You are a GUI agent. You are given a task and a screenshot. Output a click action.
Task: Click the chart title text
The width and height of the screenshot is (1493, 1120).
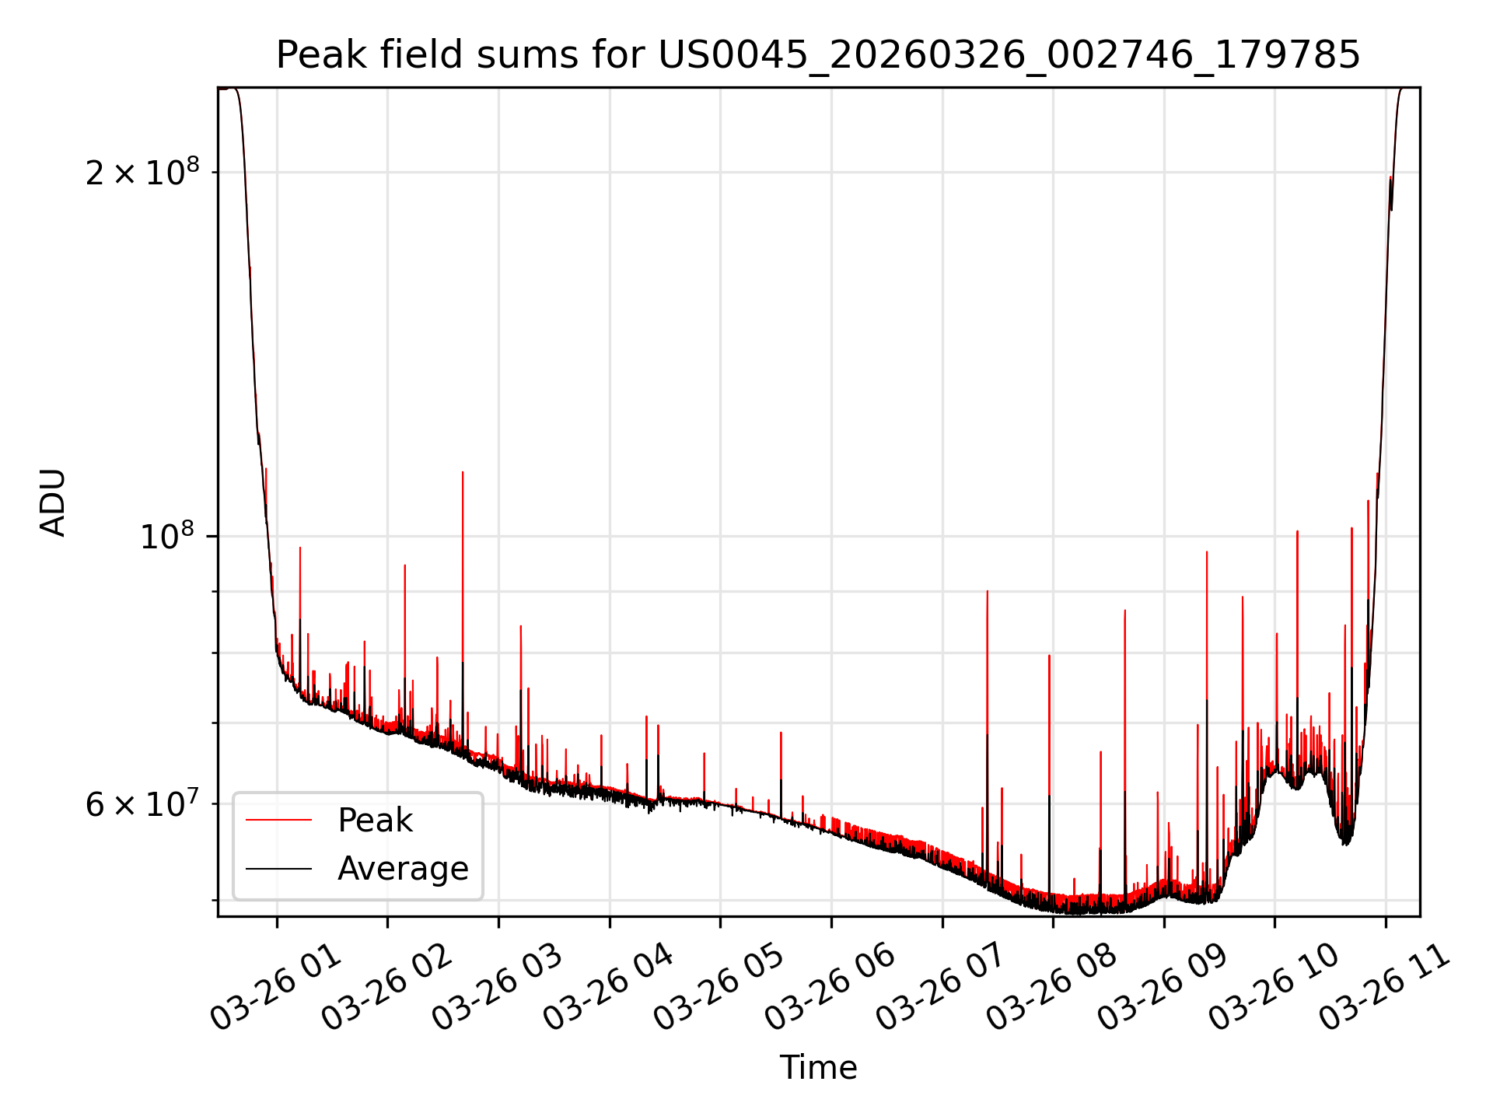click(818, 55)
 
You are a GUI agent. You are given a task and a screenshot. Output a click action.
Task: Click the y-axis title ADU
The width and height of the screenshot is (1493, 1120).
click(54, 502)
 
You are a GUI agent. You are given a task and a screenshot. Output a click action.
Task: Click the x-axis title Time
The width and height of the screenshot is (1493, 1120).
click(818, 1068)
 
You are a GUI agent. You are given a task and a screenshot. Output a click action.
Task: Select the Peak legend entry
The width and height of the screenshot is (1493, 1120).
click(375, 821)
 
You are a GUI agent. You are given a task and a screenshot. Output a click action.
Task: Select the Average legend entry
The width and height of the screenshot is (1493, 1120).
click(403, 869)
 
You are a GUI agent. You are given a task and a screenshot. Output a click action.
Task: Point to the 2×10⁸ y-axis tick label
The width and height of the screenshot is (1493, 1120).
click(142, 172)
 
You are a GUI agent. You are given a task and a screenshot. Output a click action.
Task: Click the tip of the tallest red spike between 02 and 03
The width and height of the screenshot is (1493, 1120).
click(463, 473)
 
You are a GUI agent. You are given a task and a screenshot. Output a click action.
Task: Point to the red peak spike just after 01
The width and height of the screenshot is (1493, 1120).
click(299, 548)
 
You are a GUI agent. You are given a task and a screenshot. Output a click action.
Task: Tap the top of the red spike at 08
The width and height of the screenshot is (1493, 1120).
click(1049, 656)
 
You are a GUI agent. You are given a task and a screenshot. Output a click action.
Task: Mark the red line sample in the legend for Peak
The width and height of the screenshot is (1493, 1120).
click(278, 821)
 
